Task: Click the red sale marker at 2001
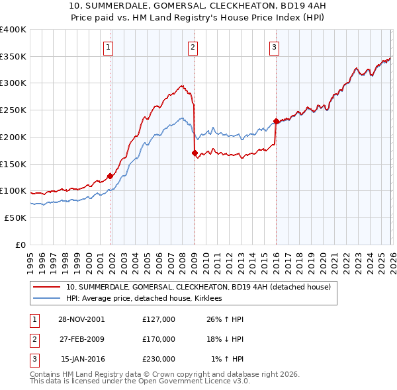pyautogui.click(x=110, y=176)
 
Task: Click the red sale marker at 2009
pyautogui.click(x=195, y=153)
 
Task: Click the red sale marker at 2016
pyautogui.click(x=275, y=121)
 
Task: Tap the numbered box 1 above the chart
pyautogui.click(x=108, y=47)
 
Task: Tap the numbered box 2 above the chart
pyautogui.click(x=192, y=47)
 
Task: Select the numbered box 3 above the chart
pyautogui.click(x=273, y=47)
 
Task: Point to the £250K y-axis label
pyautogui.click(x=13, y=110)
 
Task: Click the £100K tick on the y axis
pyautogui.click(x=13, y=190)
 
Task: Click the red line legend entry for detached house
pyautogui.click(x=202, y=287)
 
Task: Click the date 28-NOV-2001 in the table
pyautogui.click(x=81, y=319)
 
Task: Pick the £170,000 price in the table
pyautogui.click(x=158, y=339)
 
